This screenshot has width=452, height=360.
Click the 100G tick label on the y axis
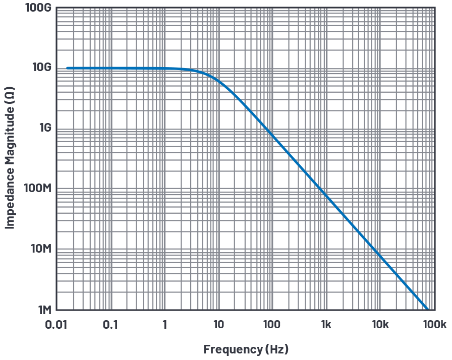(x=38, y=8)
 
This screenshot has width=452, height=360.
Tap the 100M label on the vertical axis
(x=38, y=189)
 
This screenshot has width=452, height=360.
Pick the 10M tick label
(x=40, y=249)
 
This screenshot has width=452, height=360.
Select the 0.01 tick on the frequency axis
(x=55, y=325)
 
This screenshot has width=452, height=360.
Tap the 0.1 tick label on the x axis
(x=110, y=325)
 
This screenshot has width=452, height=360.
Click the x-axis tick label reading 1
(x=164, y=325)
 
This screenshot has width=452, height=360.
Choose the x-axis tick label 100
(x=272, y=325)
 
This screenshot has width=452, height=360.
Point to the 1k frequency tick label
(x=326, y=325)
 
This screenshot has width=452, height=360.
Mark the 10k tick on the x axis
(x=380, y=325)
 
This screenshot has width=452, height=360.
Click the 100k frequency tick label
(x=434, y=325)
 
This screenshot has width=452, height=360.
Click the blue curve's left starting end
(x=67, y=68)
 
